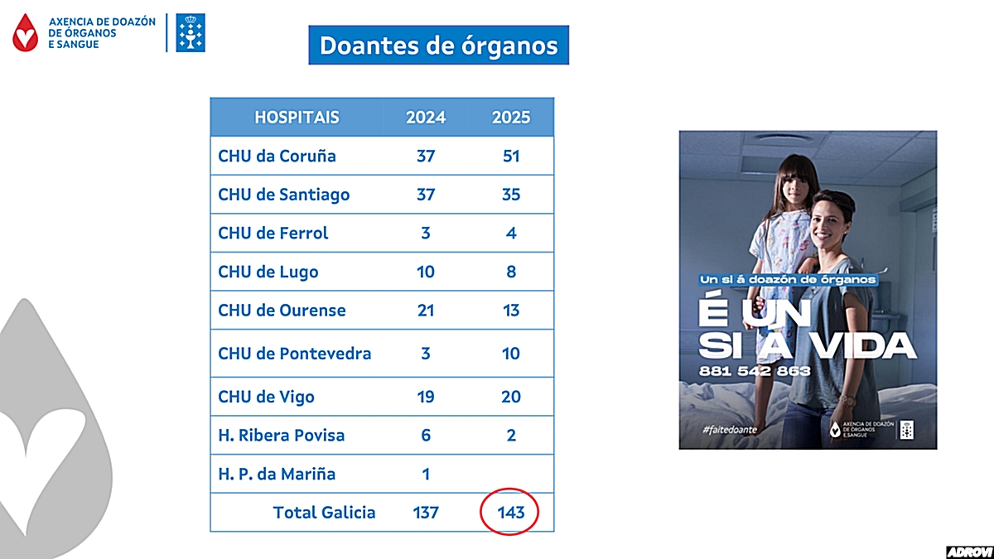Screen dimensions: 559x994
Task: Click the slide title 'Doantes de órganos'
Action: pyautogui.click(x=439, y=45)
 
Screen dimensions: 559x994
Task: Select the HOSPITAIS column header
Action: pyautogui.click(x=297, y=117)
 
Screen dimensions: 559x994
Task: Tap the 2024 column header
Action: pyautogui.click(x=426, y=117)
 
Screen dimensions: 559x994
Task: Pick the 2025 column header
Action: pyautogui.click(x=511, y=117)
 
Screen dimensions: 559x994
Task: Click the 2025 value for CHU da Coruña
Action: pyautogui.click(x=511, y=156)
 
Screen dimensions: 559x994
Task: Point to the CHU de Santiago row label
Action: pyautogui.click(x=283, y=195)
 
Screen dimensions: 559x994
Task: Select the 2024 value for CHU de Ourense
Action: pyautogui.click(x=426, y=311)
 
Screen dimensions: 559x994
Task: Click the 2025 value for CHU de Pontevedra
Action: pyautogui.click(x=511, y=354)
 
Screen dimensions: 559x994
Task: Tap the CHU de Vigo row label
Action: pyautogui.click(x=266, y=397)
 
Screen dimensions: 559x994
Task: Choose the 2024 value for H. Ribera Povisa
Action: pyautogui.click(x=426, y=436)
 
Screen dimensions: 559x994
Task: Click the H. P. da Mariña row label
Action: pyautogui.click(x=277, y=475)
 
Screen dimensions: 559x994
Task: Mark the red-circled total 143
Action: pyautogui.click(x=511, y=513)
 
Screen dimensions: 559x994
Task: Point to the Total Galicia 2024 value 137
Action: pyautogui.click(x=426, y=513)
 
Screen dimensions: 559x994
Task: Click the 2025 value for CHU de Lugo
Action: pyautogui.click(x=511, y=272)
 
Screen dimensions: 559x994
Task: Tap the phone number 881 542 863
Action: pyautogui.click(x=755, y=371)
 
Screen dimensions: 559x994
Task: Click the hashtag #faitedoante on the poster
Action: pyautogui.click(x=728, y=429)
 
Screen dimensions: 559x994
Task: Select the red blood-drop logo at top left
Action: pyautogui.click(x=26, y=33)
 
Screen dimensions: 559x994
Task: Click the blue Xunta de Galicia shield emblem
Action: pyautogui.click(x=191, y=33)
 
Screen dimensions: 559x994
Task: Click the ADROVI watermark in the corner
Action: pyautogui.click(x=968, y=552)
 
